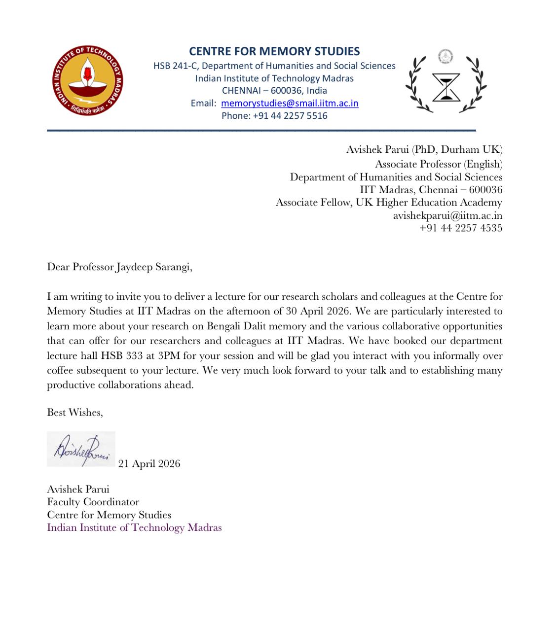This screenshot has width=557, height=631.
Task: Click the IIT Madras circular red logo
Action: pos(88,80)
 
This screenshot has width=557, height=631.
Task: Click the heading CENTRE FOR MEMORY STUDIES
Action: pos(274,52)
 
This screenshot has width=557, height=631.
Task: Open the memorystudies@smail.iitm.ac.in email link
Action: pos(290,104)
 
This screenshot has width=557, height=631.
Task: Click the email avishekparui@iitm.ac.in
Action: pos(447,215)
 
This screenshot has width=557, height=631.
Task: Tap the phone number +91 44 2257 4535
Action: pos(460,228)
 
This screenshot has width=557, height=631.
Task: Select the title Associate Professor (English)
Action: pos(438,164)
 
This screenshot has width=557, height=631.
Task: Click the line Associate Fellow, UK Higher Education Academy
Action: pos(389,203)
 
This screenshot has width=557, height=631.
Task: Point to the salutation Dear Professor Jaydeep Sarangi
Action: pos(119,267)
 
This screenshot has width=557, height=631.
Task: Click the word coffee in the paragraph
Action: pos(61,371)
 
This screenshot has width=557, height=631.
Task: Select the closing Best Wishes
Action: pos(74,413)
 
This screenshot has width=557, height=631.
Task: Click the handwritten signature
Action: pos(81,449)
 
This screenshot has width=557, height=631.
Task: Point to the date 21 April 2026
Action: pos(149,464)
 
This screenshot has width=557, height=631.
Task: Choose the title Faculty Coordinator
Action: pos(93,502)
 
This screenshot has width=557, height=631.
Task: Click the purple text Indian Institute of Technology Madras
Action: pos(134,527)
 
